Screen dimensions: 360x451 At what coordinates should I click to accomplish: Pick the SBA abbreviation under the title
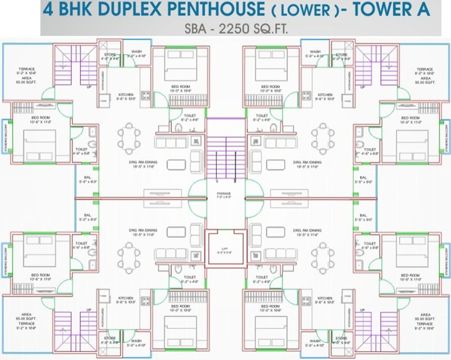pos(195,29)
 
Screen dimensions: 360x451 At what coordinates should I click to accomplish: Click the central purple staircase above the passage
pos(225,150)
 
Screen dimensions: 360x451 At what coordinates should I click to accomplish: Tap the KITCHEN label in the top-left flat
pos(126,95)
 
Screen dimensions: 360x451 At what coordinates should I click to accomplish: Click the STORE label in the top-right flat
pos(342,55)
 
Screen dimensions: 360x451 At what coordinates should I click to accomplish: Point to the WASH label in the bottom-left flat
pos(136,341)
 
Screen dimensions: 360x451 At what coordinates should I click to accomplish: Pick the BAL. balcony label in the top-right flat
pos(363,178)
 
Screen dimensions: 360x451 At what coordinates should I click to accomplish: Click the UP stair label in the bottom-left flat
pos(89,310)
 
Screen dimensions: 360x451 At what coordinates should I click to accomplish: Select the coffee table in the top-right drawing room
pos(275,165)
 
